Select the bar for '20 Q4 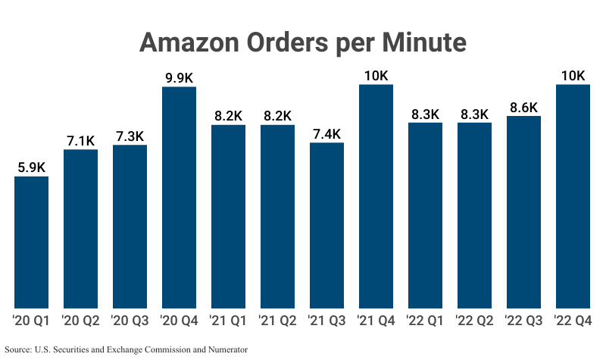point(179,197)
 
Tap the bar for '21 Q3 point(326,225)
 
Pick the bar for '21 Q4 point(376,196)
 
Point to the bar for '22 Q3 point(523,212)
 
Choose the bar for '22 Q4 point(573,196)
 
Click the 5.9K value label point(31,167)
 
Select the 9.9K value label point(179,77)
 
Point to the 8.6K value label point(523,106)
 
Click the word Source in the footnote point(18,349)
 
